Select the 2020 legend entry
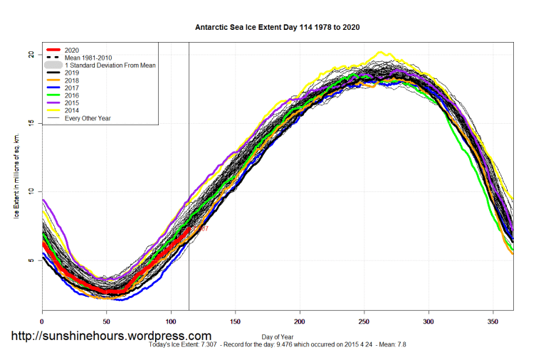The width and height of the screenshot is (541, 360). (72, 50)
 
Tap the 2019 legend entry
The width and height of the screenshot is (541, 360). (72, 73)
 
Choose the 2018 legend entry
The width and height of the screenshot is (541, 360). (72, 80)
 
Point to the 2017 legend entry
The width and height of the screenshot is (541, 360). (72, 88)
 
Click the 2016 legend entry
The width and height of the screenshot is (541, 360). (72, 95)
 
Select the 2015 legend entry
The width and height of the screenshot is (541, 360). (72, 103)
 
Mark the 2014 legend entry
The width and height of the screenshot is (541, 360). (72, 110)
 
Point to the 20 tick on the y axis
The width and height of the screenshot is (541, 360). (32, 55)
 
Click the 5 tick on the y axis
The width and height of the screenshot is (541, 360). (32, 260)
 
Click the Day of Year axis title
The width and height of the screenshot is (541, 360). (277, 335)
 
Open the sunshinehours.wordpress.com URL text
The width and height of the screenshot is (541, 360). (110, 336)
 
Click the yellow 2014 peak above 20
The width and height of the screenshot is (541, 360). (380, 53)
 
